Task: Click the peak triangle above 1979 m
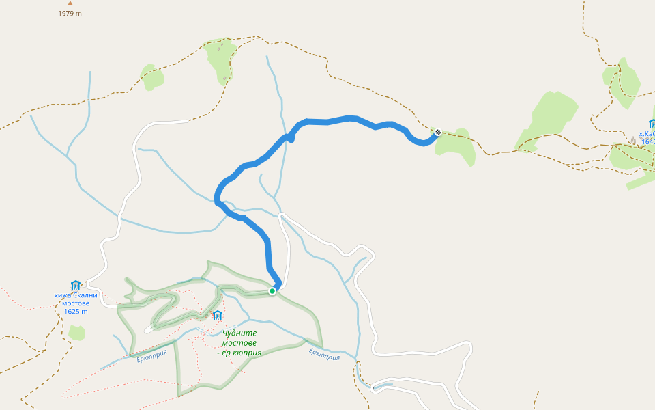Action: point(70,3)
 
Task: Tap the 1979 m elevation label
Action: point(70,14)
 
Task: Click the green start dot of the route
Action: point(272,291)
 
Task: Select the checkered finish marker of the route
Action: point(437,132)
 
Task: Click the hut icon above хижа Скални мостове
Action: point(76,285)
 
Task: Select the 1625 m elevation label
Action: point(76,312)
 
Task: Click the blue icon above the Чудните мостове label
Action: point(218,315)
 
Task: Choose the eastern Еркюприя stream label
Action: point(324,354)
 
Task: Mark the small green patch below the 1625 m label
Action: point(77,333)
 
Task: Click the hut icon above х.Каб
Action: point(652,124)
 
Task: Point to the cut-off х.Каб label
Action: point(646,135)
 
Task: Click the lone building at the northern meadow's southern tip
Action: point(224,79)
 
